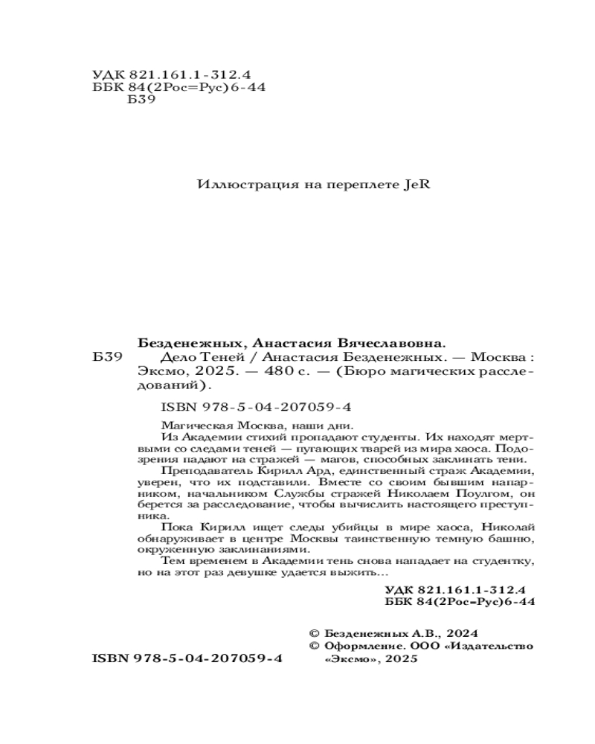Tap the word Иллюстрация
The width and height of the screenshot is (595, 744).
[x=235, y=185]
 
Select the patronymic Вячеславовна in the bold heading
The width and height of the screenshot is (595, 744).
[x=393, y=344]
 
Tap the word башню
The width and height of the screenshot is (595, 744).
[x=515, y=538]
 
